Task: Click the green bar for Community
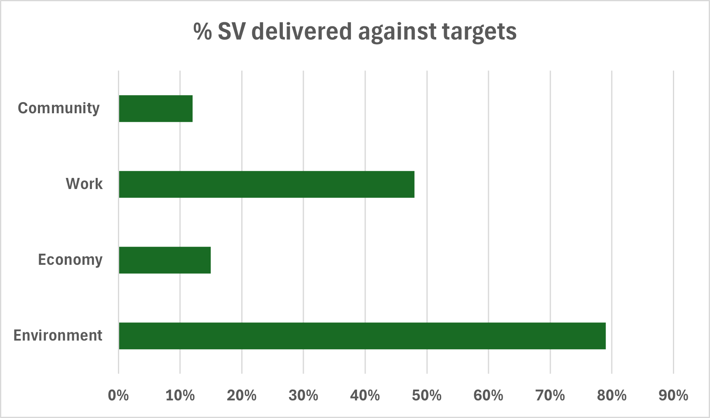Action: click(x=156, y=109)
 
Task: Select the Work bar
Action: click(x=267, y=184)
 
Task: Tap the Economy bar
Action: click(x=165, y=260)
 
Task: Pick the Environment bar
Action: click(x=362, y=336)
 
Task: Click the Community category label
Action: click(x=59, y=108)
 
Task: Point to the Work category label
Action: click(x=84, y=184)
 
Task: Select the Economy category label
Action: click(x=70, y=260)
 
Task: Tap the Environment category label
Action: click(x=58, y=336)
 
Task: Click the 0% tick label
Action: click(x=118, y=396)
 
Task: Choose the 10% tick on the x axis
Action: click(x=180, y=396)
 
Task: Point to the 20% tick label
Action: click(x=242, y=396)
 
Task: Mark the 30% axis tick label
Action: click(x=303, y=396)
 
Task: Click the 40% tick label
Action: click(x=365, y=396)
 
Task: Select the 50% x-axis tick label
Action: click(x=427, y=396)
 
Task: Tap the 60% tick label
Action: click(x=488, y=396)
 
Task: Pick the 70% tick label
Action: click(x=550, y=396)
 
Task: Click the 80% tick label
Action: click(x=612, y=396)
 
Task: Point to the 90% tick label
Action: click(x=673, y=396)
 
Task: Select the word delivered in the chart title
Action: click(x=301, y=31)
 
